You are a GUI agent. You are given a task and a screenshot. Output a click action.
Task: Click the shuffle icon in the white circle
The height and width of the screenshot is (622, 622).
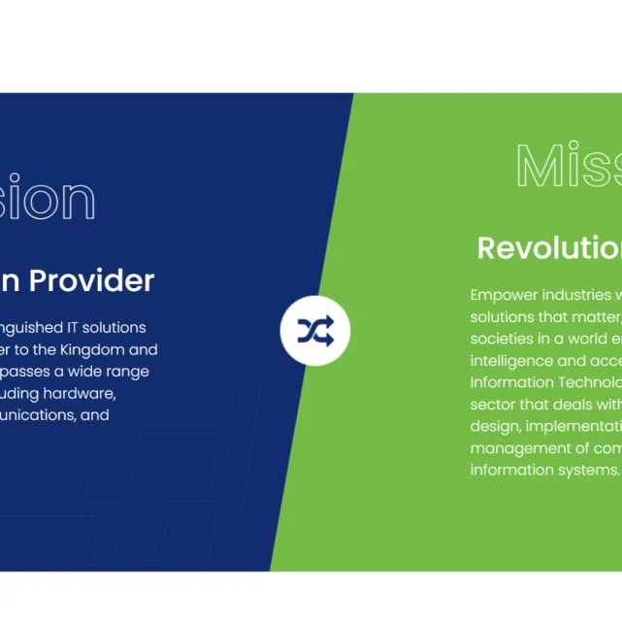[315, 332]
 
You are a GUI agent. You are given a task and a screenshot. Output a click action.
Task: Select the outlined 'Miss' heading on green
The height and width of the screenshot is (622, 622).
[568, 166]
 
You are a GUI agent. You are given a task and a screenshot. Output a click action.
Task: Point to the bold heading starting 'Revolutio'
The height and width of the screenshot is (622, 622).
[549, 247]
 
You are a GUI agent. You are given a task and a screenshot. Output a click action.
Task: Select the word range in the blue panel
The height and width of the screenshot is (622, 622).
[127, 371]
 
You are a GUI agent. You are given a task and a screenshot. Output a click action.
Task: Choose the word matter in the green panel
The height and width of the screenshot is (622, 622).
[591, 316]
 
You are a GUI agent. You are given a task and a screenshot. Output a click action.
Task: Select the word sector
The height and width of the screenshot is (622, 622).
[493, 405]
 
